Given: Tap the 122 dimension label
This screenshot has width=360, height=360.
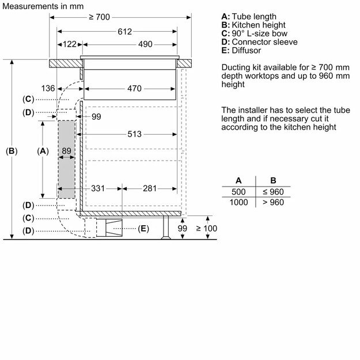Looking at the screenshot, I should (x=70, y=44).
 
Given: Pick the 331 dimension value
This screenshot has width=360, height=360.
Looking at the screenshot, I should (x=99, y=188).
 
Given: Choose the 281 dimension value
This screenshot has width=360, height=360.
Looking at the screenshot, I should (x=150, y=188).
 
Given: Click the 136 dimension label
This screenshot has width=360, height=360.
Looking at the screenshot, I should (x=48, y=89).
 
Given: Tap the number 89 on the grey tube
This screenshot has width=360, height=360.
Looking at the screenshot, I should (x=67, y=151).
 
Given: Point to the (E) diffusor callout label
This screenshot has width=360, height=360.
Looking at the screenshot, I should (x=143, y=229).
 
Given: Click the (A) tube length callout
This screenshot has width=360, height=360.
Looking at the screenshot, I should (x=42, y=151).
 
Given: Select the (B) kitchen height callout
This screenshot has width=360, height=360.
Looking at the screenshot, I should (x=12, y=151).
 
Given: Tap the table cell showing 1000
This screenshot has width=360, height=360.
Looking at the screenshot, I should (x=238, y=202).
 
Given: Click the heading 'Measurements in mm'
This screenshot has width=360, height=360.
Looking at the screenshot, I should (x=41, y=6).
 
